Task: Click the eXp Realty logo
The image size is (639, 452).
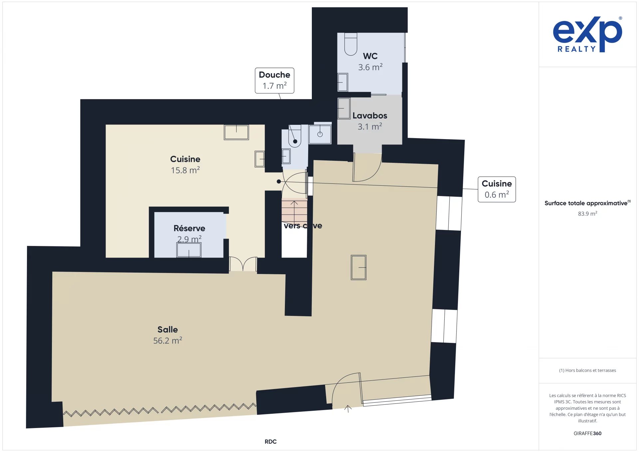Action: pos(587,34)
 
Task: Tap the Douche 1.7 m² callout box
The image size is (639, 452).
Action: pos(275,81)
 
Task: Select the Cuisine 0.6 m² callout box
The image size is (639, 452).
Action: pos(497,189)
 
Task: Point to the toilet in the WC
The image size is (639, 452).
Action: pos(351,44)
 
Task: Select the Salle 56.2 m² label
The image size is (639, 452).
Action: pos(168,335)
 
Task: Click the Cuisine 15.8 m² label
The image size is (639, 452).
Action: pos(185,164)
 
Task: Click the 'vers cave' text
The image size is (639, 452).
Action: pos(303,226)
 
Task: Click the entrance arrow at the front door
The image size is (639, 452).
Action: pos(348,409)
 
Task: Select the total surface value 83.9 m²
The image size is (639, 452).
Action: pos(587,214)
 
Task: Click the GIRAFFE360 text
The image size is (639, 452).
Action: pos(587,433)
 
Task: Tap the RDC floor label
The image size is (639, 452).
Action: pos(271,442)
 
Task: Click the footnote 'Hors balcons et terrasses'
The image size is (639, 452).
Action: pos(587,370)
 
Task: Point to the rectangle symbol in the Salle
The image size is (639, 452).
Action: pos(358,267)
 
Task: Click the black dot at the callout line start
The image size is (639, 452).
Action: pos(279,181)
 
